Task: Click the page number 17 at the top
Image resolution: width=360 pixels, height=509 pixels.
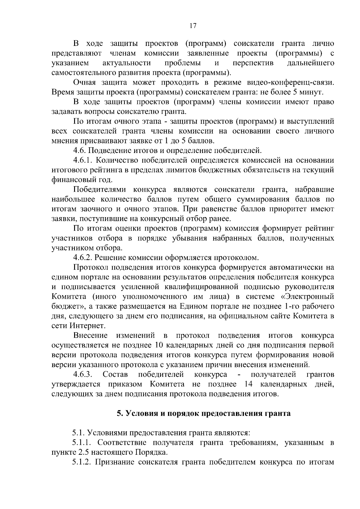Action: click(x=193, y=26)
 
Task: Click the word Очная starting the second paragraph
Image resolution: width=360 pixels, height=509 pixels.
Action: click(x=85, y=82)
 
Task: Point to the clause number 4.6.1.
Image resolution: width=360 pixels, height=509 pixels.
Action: click(x=83, y=160)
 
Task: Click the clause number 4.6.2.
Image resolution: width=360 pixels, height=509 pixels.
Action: click(x=83, y=258)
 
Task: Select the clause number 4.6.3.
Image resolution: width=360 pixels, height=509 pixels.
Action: click(x=83, y=375)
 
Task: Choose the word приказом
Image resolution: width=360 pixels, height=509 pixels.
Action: click(x=125, y=385)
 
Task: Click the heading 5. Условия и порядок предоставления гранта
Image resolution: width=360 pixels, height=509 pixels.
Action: click(x=204, y=413)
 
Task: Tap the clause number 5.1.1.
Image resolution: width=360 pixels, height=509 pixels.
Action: click(x=82, y=443)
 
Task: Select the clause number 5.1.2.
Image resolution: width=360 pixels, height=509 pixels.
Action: click(x=82, y=462)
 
